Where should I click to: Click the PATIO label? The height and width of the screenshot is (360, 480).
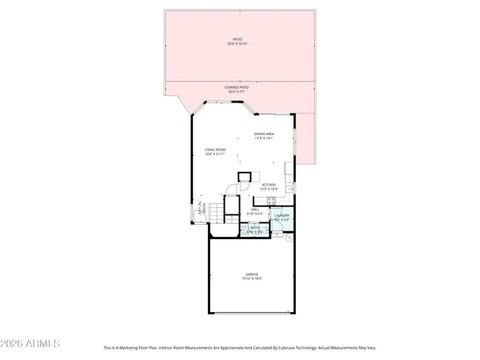[x=237, y=38]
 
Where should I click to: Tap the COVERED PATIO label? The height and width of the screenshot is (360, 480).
[x=237, y=87]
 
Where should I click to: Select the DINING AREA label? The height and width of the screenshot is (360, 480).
[x=264, y=134]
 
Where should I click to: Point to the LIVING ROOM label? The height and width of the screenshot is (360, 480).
[x=214, y=150]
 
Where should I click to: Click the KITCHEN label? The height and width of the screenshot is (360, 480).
[x=269, y=185]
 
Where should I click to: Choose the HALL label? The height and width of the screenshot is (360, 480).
[x=254, y=210]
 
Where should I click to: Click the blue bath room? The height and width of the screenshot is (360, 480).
[x=254, y=230]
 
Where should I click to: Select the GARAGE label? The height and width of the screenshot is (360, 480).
[x=252, y=274]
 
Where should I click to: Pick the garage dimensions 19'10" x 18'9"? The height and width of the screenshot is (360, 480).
[x=252, y=279]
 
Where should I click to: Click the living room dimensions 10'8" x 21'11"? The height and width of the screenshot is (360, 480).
[x=214, y=154]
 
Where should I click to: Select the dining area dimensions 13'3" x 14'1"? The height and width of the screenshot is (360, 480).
[x=264, y=138]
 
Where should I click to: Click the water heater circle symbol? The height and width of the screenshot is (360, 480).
[x=291, y=237]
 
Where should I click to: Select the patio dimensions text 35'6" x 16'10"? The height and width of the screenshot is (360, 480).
[x=237, y=43]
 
